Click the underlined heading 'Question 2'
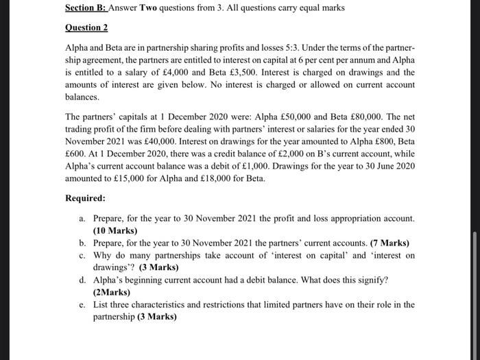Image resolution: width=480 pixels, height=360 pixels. point(86,28)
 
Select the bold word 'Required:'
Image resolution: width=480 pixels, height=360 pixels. point(86,198)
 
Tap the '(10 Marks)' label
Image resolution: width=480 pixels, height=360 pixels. point(115,230)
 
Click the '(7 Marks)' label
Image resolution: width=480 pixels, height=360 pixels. point(389,243)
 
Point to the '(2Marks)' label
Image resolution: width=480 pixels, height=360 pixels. point(111,291)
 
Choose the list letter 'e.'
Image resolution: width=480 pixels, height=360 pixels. point(82,304)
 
